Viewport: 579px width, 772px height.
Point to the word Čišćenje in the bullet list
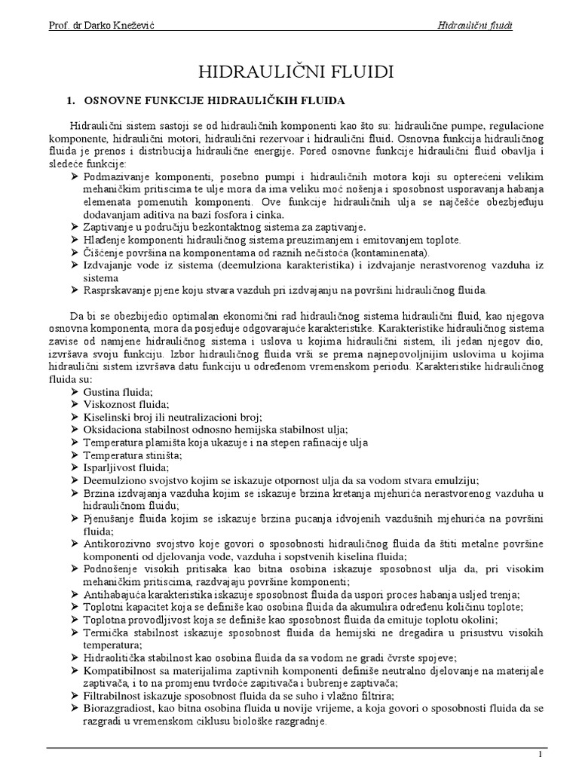click(106, 252)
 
